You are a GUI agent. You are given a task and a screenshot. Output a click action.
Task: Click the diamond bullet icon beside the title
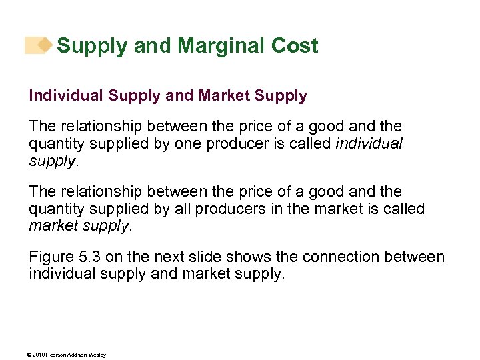coord(44,45)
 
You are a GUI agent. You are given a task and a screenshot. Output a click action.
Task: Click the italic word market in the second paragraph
coord(51,225)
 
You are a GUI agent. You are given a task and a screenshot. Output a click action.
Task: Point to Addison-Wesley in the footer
coord(88,355)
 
